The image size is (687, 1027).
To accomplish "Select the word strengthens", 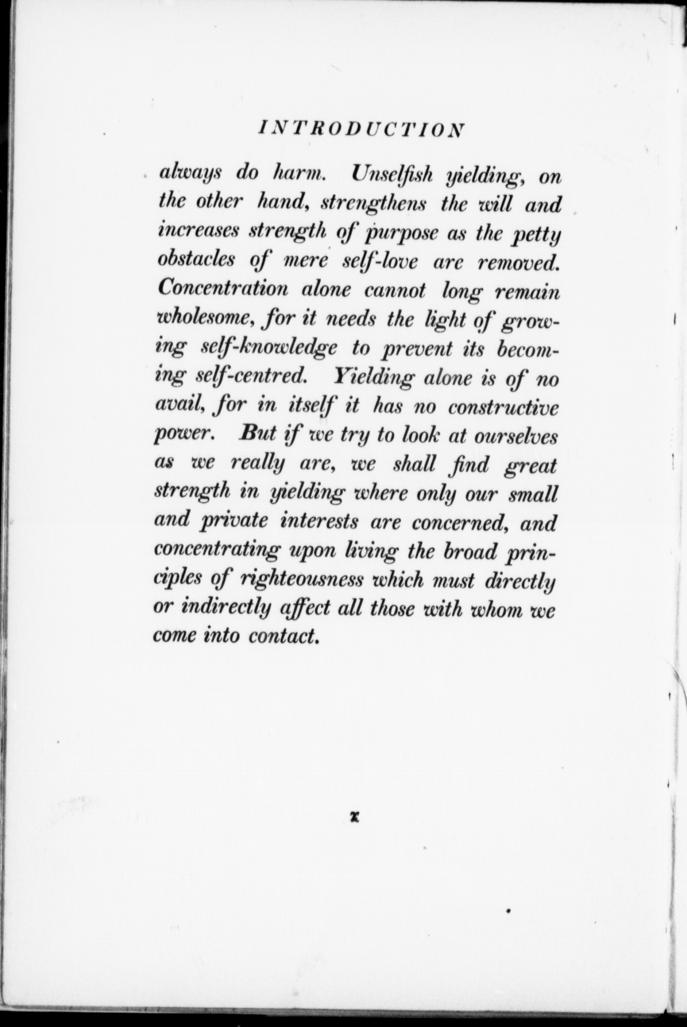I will (x=374, y=205).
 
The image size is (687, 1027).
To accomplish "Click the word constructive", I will (x=503, y=407).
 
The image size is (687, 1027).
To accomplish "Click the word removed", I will (x=518, y=262).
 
